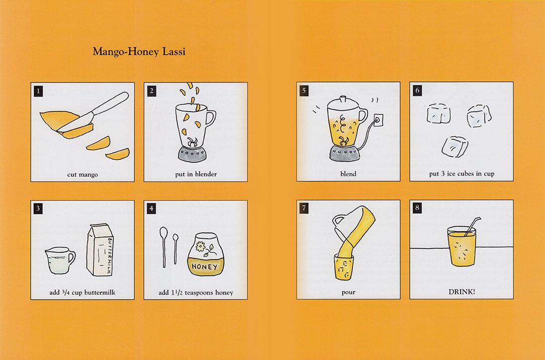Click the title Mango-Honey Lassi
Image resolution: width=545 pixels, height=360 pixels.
139,52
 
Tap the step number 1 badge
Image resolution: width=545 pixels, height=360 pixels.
38,92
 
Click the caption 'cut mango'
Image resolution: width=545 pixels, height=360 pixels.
82,174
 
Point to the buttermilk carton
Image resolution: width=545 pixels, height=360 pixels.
100,249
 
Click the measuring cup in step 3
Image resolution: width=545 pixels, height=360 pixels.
60,260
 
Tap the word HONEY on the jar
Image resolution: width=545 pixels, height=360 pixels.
204,267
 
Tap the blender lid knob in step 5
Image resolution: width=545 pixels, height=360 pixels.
343,99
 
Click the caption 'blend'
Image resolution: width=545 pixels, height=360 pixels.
348,174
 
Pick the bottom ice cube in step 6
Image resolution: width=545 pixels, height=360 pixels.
455,146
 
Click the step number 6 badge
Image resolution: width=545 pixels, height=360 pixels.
417,91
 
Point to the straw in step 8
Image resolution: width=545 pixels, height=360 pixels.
473,226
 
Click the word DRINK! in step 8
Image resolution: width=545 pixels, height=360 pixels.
462,292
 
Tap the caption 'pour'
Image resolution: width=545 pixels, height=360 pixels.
348,292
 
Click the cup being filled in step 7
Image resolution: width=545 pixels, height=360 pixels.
344,267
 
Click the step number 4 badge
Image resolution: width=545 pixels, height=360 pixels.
151,209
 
